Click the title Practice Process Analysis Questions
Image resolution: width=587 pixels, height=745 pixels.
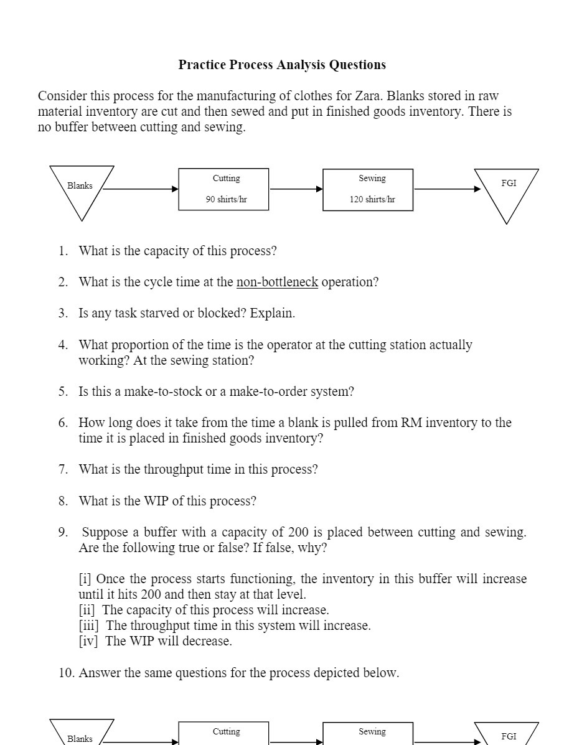pos(282,65)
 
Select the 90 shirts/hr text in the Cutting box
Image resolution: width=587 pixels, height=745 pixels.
pos(226,200)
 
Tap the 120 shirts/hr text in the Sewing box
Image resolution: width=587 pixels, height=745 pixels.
pos(372,200)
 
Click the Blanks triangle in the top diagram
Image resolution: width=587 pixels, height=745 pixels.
pos(81,186)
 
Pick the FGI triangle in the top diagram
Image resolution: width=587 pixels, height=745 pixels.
pos(507,186)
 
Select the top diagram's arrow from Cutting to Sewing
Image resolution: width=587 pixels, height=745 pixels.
pos(296,189)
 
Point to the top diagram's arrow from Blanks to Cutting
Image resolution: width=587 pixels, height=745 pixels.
pos(141,189)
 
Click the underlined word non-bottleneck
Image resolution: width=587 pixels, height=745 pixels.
pos(277,282)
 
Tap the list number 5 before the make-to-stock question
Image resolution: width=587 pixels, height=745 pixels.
pos(63,391)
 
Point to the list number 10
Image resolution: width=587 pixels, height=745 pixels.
pos(67,673)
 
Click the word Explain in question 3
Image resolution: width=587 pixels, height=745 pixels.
pos(272,313)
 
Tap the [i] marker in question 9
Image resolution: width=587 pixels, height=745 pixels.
pos(85,579)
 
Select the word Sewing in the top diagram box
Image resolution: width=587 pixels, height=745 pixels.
pos(372,179)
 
